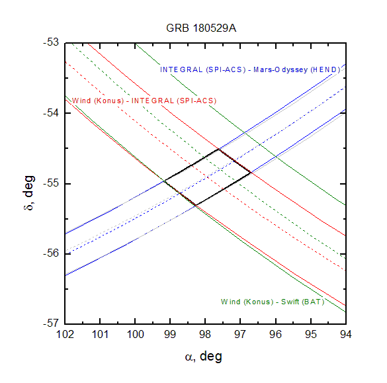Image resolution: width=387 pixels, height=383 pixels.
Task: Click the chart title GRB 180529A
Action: pos(201,28)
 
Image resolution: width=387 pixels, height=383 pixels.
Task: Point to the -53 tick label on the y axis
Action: pos(51,42)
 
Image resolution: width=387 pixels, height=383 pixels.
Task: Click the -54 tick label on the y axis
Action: pos(51,113)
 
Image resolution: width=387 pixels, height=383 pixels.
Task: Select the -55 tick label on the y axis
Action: pos(51,183)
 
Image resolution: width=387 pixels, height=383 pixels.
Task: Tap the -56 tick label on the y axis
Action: pos(51,253)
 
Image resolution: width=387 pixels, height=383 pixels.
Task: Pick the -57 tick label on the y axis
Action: pos(51,323)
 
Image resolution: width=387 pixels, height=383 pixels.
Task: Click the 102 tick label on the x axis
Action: pos(65,335)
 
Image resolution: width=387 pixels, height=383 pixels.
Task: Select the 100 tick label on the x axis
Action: pos(135,335)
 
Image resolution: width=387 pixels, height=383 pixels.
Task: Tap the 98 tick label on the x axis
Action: pos(205,335)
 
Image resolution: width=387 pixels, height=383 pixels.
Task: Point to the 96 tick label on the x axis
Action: pos(275,335)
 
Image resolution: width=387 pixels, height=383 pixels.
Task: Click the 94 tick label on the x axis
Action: pos(345,335)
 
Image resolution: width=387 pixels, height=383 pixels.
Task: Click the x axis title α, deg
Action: pos(204,357)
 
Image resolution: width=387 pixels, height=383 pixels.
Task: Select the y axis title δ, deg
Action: pos(28,192)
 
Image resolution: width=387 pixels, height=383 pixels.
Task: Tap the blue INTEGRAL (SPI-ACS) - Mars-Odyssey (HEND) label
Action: pos(250,70)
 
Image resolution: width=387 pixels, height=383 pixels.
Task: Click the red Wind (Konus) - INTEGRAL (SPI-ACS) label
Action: pos(144,101)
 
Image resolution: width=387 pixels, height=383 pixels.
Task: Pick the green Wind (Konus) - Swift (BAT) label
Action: pos(273,302)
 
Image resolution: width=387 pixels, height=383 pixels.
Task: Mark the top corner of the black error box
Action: pos(218,149)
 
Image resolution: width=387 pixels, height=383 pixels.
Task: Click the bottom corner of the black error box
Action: pos(195,205)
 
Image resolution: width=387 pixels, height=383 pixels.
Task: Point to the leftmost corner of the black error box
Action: pos(163,181)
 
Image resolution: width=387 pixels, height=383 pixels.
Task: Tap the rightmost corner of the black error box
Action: pos(251,173)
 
